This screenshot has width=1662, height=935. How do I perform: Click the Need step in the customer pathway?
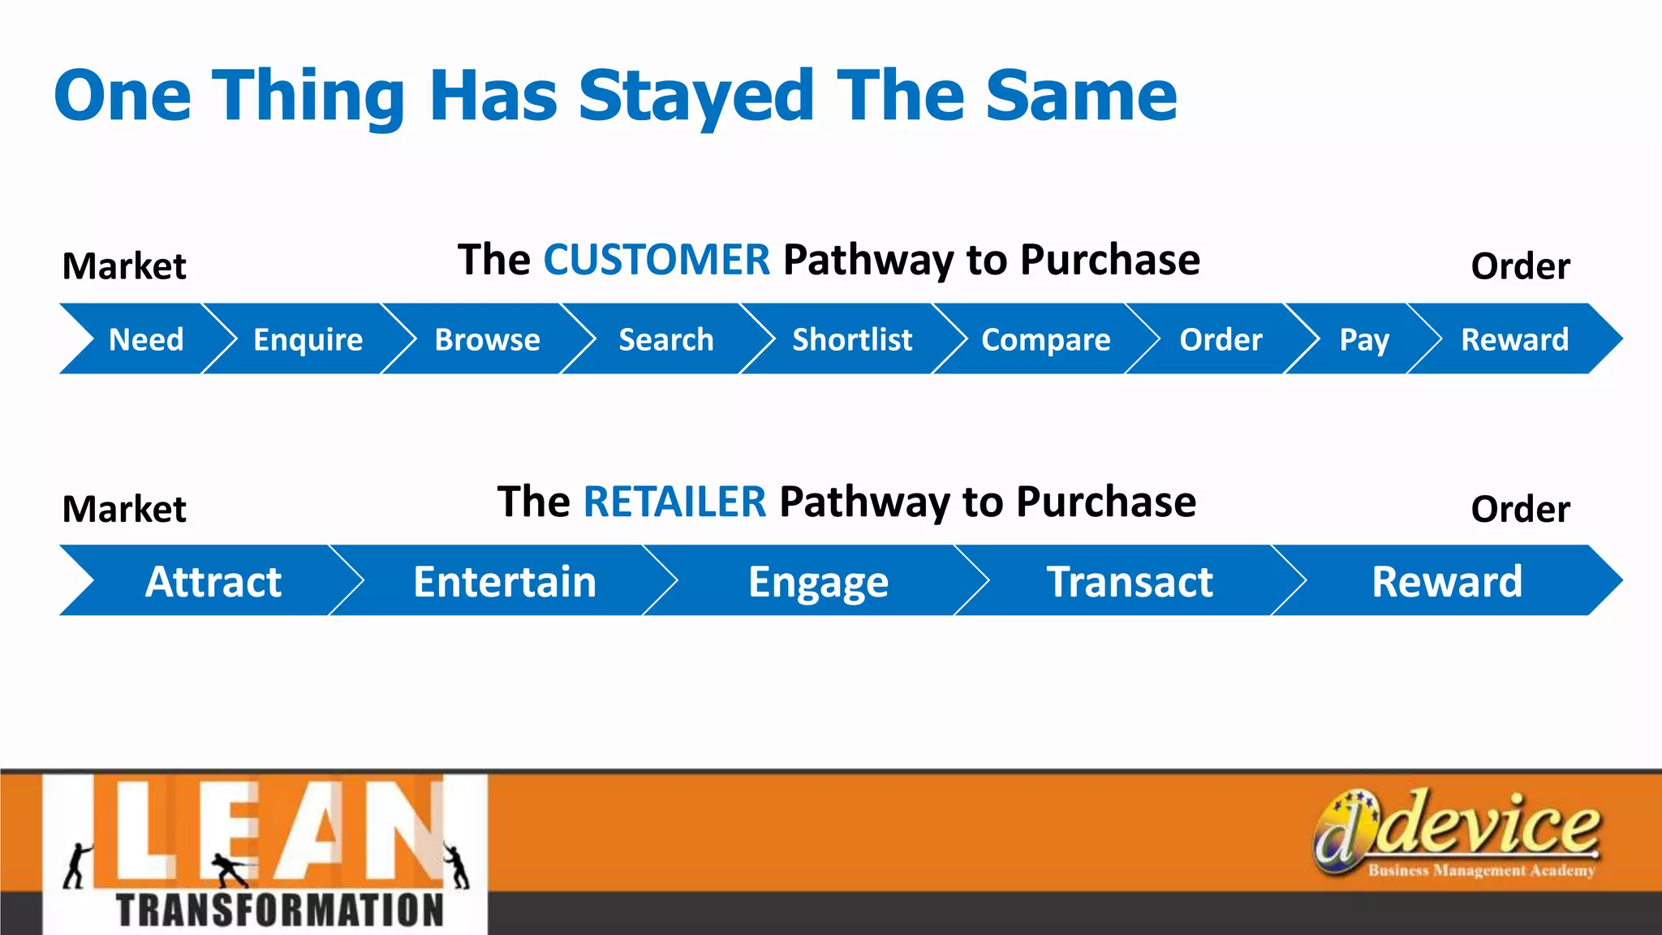coord(146,339)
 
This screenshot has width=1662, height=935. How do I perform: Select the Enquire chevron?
coord(308,339)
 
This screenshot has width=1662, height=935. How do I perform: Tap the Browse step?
coord(487,339)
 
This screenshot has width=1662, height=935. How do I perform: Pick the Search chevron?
coord(666,339)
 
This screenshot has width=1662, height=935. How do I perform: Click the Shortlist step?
coord(852,339)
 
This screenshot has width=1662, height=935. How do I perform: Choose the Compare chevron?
coord(1045,339)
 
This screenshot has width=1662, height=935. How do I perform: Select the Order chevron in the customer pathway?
coord(1221,339)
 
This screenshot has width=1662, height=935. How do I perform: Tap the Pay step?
coord(1364,339)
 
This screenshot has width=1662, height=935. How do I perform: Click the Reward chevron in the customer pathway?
coord(1514,339)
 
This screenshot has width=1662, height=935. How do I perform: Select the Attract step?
coord(213,581)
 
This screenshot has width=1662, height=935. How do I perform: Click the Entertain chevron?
coord(505,581)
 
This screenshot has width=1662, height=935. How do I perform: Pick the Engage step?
coord(818,581)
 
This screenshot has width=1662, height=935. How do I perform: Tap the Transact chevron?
coord(1130,581)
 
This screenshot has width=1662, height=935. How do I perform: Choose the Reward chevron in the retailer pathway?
coord(1447,581)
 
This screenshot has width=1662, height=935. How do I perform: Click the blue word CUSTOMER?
coord(656,260)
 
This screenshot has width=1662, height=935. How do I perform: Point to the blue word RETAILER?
coord(674,502)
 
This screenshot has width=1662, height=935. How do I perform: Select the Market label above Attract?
coord(124,509)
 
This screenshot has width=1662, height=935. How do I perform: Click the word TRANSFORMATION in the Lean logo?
coord(280,910)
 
